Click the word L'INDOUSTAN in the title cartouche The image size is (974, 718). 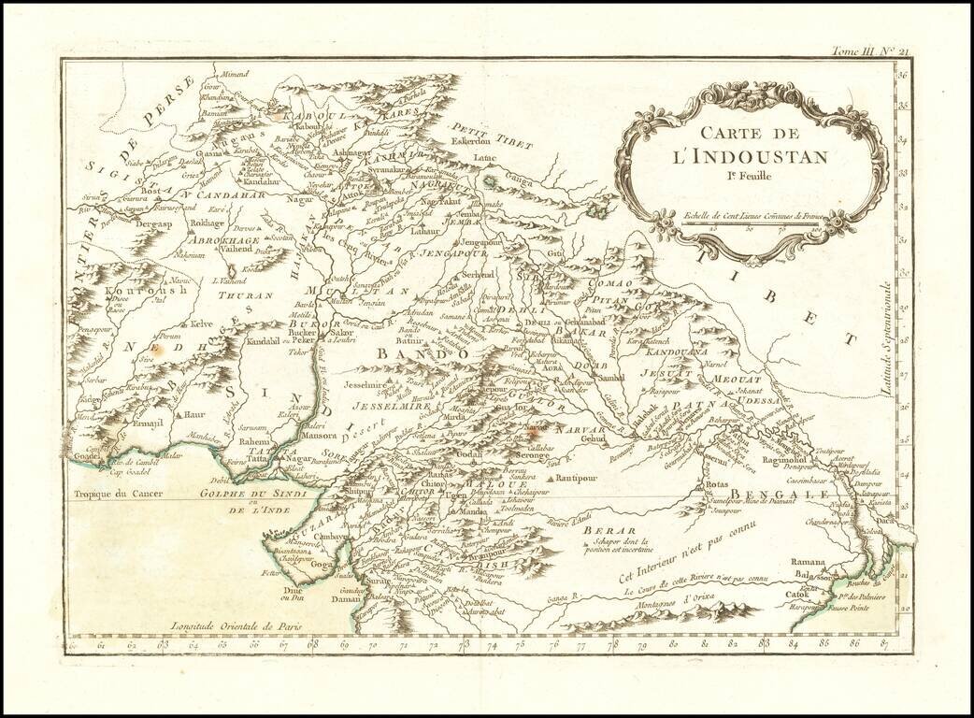750,155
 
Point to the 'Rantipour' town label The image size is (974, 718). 577,477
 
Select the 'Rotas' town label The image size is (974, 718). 717,485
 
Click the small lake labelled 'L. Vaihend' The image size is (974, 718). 228,280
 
